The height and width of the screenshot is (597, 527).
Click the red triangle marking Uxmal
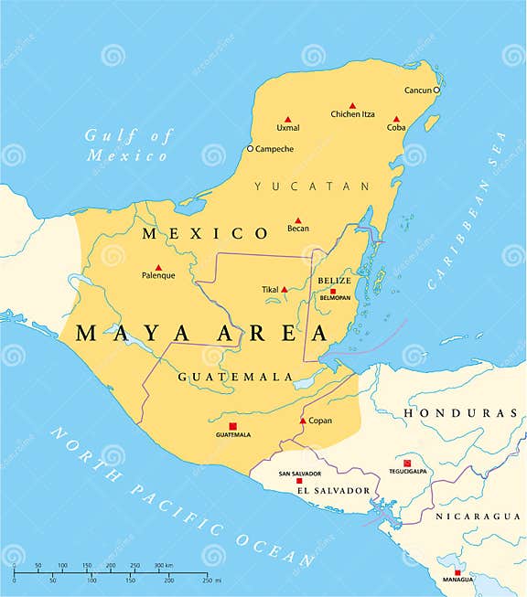tap(287, 120)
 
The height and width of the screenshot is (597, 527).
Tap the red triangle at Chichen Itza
tap(352, 106)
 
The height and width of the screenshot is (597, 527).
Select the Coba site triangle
tap(396, 119)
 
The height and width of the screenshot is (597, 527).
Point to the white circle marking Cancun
tap(436, 91)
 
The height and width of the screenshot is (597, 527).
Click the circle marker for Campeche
tap(250, 149)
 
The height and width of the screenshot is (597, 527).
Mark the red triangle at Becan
tap(297, 219)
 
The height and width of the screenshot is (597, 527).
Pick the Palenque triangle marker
tap(158, 267)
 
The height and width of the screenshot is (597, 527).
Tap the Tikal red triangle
tap(285, 290)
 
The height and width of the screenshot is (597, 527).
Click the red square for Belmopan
tap(333, 292)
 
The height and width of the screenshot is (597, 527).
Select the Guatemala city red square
tap(232, 426)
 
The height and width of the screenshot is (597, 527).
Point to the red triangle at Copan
tap(303, 421)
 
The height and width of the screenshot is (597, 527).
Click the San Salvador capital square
tap(298, 480)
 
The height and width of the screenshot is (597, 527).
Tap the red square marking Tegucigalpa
tap(407, 463)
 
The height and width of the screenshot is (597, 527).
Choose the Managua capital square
tap(457, 572)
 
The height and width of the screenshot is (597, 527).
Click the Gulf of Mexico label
tap(128, 145)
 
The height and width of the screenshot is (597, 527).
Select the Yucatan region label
tap(312, 187)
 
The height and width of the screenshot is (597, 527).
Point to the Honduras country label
tap(453, 413)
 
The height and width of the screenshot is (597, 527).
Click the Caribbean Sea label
tap(464, 210)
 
